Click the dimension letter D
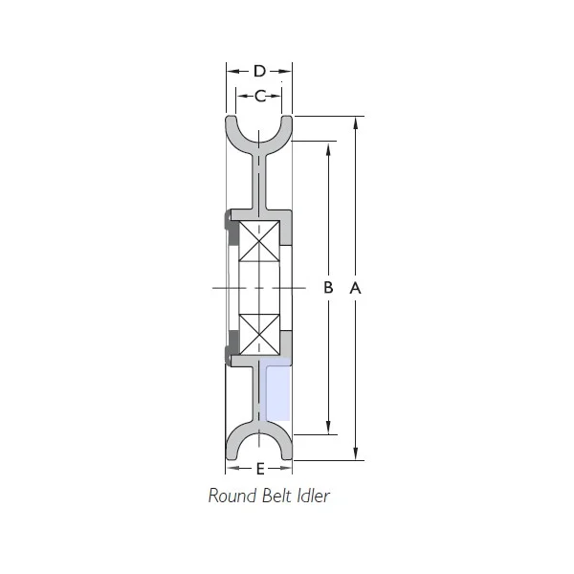tap(259, 71)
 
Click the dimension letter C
tap(260, 97)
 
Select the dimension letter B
tap(328, 287)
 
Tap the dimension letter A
tap(355, 288)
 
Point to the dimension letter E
tap(260, 469)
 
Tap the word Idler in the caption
tap(313, 496)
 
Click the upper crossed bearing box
tap(259, 241)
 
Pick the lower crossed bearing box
tap(259, 335)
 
